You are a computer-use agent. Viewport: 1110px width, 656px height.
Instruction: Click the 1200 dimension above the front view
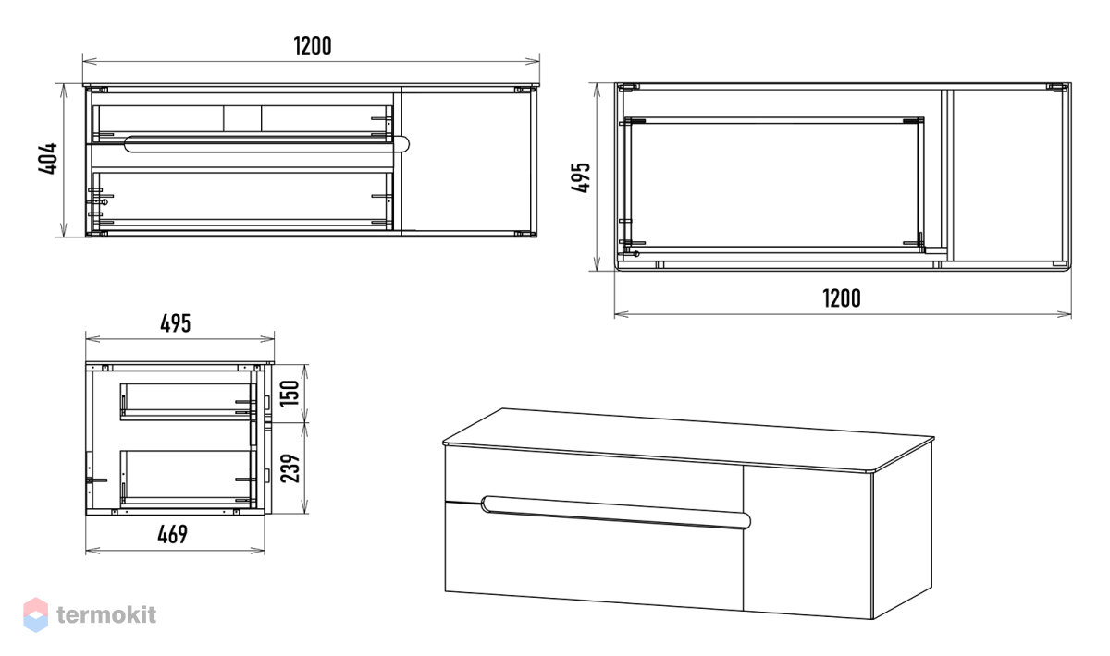313,46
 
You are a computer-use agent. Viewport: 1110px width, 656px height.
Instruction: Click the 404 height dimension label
48,158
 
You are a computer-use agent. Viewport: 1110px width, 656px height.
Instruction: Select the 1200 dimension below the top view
842,298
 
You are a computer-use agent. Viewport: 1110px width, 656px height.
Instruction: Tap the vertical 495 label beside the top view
580,177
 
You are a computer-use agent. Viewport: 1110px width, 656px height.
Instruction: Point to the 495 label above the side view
176,323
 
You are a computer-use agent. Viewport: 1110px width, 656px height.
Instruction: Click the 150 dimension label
290,393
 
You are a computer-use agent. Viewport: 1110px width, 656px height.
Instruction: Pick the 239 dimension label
290,468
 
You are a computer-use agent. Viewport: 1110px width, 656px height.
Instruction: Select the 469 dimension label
172,534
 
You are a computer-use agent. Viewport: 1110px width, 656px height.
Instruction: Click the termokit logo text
106,615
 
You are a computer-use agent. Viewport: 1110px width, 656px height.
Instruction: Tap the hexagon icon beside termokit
36,615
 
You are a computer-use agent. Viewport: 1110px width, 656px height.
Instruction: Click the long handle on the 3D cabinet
616,512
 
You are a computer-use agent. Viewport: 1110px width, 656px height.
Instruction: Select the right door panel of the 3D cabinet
808,542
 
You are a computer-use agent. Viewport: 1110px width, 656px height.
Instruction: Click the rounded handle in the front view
267,143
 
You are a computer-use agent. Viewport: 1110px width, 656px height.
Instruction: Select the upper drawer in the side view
189,401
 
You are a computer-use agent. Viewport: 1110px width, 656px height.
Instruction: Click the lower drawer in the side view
189,477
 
